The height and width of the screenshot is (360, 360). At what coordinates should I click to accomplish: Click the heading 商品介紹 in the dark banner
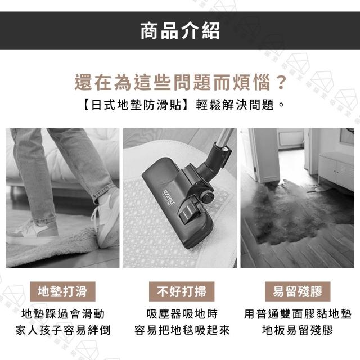click(180, 31)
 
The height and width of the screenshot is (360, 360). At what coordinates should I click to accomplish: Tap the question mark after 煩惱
click(281, 82)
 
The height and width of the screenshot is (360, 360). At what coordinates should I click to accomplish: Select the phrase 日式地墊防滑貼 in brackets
click(136, 105)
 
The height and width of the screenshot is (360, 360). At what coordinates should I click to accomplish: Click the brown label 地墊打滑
click(62, 291)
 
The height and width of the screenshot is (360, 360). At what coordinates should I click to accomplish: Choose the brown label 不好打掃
click(182, 291)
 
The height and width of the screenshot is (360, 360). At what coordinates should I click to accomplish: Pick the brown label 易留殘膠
click(298, 291)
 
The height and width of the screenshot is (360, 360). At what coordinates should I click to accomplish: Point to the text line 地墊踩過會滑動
click(63, 314)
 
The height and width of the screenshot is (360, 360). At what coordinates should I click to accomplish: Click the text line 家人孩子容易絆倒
click(63, 330)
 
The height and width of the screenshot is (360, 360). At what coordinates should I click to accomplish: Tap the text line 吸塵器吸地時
click(182, 314)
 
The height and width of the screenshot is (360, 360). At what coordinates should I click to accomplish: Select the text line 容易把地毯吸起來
click(182, 330)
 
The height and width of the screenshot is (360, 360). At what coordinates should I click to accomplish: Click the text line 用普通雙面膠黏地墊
click(298, 314)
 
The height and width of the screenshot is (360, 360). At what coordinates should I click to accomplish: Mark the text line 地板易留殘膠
click(298, 330)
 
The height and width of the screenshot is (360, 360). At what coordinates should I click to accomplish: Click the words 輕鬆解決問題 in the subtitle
click(235, 105)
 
